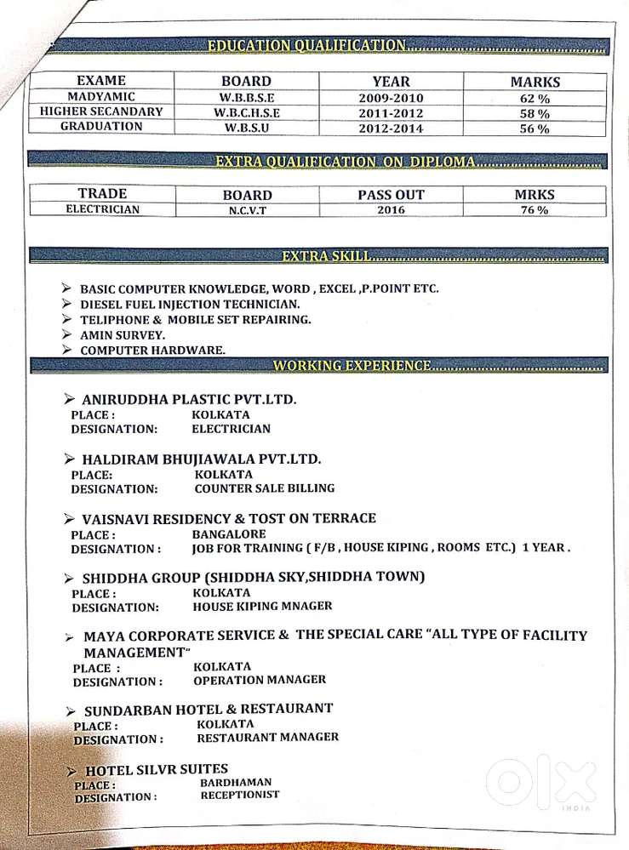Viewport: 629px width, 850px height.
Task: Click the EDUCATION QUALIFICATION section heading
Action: click(x=306, y=45)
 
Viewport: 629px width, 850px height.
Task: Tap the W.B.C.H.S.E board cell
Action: click(x=247, y=112)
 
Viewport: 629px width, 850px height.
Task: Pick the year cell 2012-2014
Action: click(x=391, y=128)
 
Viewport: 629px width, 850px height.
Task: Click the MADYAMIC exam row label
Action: click(x=101, y=97)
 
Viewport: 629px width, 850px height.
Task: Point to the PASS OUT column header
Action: click(x=391, y=194)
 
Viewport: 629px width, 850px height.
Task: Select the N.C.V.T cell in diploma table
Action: click(x=246, y=210)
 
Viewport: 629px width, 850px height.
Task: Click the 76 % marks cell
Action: click(x=535, y=210)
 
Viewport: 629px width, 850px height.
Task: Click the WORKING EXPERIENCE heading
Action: click(x=352, y=365)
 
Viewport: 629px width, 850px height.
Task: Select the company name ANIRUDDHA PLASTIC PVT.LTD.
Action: click(x=188, y=399)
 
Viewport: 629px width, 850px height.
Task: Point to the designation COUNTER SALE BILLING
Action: click(x=264, y=488)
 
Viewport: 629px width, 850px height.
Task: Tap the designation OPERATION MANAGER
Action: click(x=259, y=680)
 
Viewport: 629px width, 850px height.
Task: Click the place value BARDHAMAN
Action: click(x=236, y=782)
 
